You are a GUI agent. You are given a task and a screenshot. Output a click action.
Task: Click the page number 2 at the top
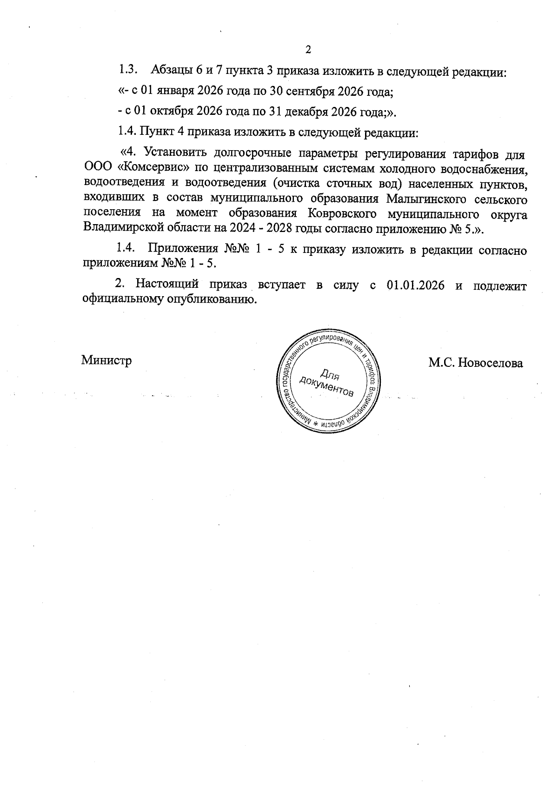(307, 49)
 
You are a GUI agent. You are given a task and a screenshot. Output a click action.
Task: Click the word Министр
(106, 360)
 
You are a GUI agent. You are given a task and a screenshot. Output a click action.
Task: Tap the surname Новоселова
(491, 363)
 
